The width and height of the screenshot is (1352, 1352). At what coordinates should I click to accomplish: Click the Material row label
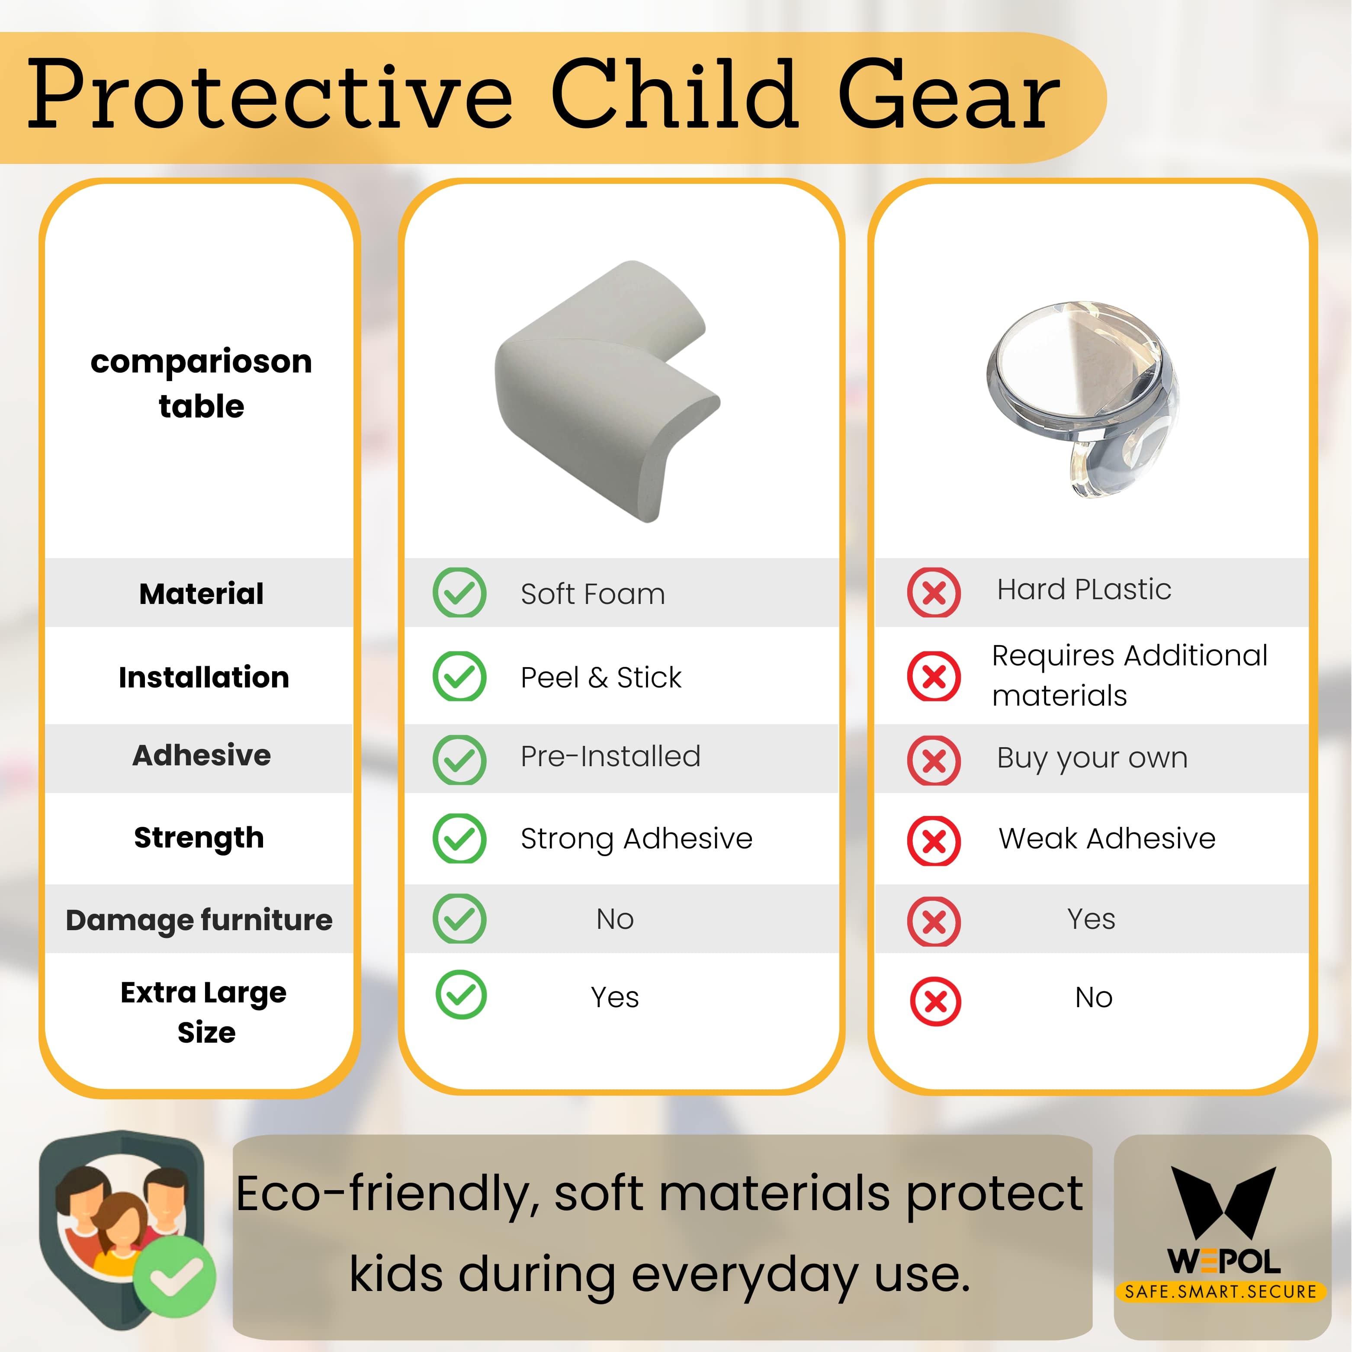tap(202, 594)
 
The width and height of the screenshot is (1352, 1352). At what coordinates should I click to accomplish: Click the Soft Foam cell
tap(593, 594)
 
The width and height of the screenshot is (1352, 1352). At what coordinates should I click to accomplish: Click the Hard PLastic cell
tap(1084, 589)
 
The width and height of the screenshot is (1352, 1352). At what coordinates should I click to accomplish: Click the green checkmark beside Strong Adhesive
tap(459, 838)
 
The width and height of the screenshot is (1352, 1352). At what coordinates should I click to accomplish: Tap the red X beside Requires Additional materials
tap(934, 676)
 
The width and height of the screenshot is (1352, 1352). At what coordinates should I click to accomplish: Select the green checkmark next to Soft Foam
tap(459, 593)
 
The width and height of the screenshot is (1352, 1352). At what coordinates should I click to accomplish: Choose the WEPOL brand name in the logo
tap(1224, 1262)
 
